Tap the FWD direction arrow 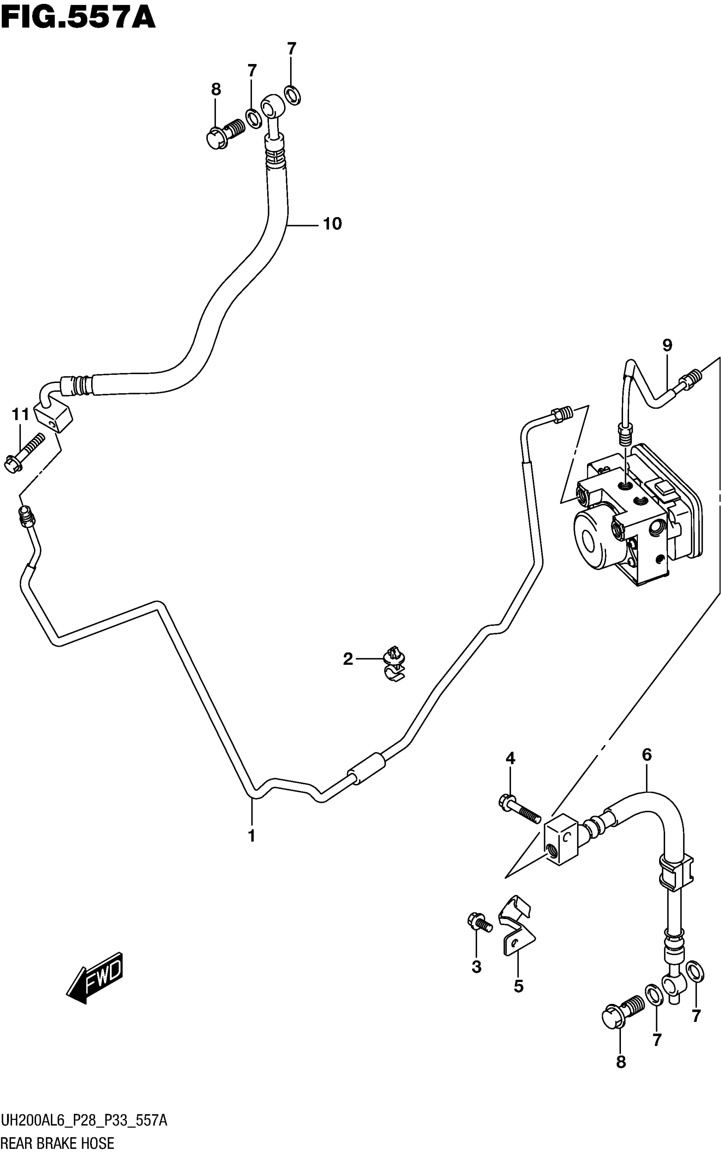95,977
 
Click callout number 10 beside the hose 333,224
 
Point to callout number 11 20,415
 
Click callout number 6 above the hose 647,755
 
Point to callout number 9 667,345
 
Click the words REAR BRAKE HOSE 57,1143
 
